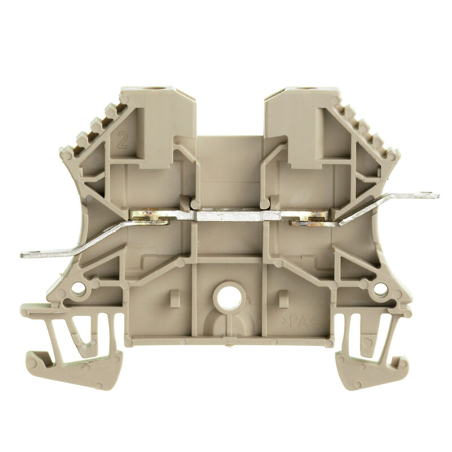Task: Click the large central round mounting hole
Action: (x=229, y=295)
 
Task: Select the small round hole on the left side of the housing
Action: (x=78, y=289)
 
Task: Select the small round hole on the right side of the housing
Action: (x=380, y=289)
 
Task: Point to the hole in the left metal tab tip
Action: (x=31, y=254)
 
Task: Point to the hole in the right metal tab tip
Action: (x=431, y=195)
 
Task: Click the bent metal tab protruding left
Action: (x=73, y=243)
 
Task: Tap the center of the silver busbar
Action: (x=237, y=215)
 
